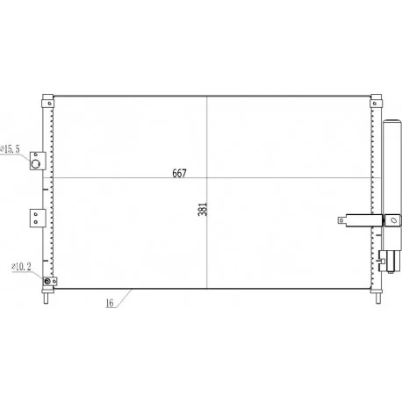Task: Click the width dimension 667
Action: click(179, 173)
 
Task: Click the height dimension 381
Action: click(203, 209)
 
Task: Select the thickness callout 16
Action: click(110, 303)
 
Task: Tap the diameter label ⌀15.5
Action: click(11, 149)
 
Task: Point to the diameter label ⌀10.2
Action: click(21, 267)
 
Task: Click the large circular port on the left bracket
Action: click(36, 164)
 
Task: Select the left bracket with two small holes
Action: click(38, 218)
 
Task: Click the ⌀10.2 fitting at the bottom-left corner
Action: click(47, 281)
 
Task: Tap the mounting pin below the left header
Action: click(46, 298)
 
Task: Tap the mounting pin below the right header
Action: click(378, 298)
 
